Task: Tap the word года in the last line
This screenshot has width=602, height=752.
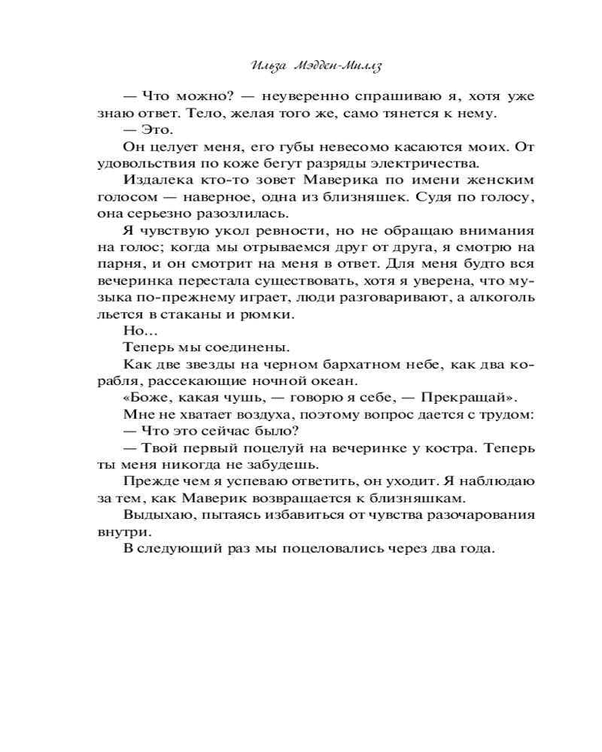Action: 476,548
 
